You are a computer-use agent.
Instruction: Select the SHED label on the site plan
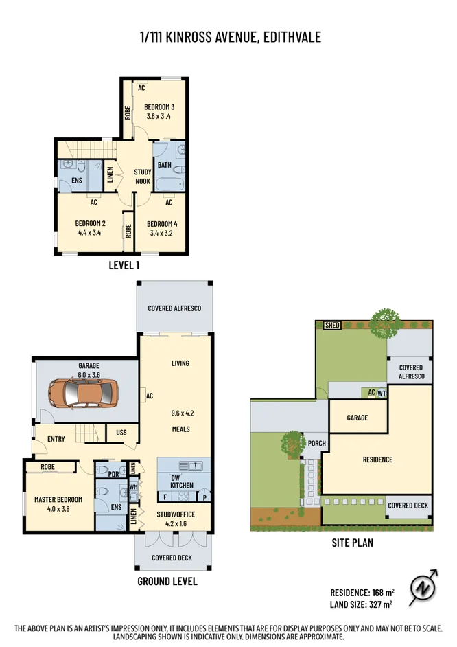333,326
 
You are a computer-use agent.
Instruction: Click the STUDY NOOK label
142,177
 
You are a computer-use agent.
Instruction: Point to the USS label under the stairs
121,433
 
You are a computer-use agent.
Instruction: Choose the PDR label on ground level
113,473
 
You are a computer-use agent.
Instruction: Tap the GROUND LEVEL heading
167,581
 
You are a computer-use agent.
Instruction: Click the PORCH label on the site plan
316,443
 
